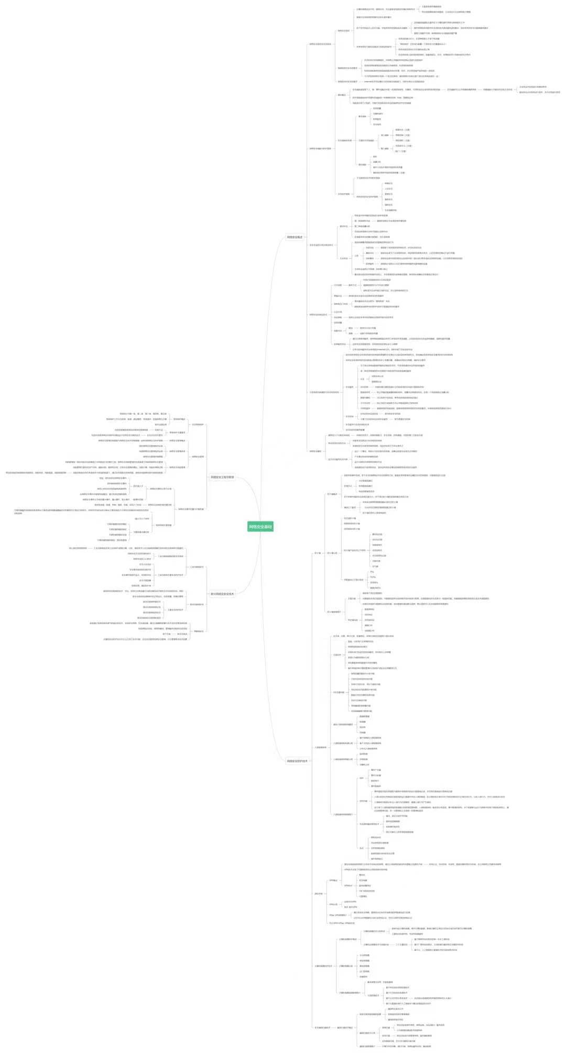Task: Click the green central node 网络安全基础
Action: point(260,527)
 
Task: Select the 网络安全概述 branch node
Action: point(295,237)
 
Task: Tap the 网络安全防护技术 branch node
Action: point(297,761)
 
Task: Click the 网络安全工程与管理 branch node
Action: point(223,477)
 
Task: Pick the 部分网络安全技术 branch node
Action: point(223,594)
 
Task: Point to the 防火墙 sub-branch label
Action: point(317,553)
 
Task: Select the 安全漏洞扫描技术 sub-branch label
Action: point(322,1027)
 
